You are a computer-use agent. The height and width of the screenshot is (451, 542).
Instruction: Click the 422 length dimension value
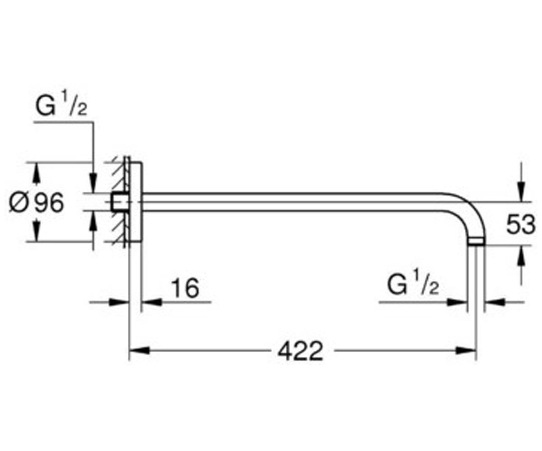point(300,352)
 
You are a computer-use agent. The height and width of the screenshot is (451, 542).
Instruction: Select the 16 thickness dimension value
point(185,288)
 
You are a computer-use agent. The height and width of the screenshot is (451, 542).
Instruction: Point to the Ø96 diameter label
point(36,202)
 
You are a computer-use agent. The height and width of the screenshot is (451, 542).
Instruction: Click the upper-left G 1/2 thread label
point(61,106)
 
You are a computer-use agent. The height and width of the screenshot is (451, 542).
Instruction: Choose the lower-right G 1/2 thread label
point(413,285)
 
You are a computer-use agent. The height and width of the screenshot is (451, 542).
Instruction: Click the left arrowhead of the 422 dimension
point(140,351)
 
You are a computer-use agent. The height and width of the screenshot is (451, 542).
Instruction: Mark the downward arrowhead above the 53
point(521,192)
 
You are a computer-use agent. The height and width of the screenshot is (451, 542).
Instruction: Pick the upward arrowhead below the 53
point(521,255)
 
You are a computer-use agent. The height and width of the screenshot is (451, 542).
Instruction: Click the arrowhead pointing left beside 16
point(152,302)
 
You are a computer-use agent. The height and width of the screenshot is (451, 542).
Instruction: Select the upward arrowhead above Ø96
point(36,172)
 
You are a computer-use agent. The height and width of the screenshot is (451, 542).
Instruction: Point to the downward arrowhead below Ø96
point(36,231)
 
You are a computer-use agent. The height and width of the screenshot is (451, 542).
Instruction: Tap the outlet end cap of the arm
point(476,242)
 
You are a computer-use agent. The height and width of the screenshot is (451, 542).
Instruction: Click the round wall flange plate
point(135,202)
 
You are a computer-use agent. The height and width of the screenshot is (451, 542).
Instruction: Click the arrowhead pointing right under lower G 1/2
point(457,302)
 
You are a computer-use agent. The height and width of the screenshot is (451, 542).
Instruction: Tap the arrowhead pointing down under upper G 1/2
point(93,184)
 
